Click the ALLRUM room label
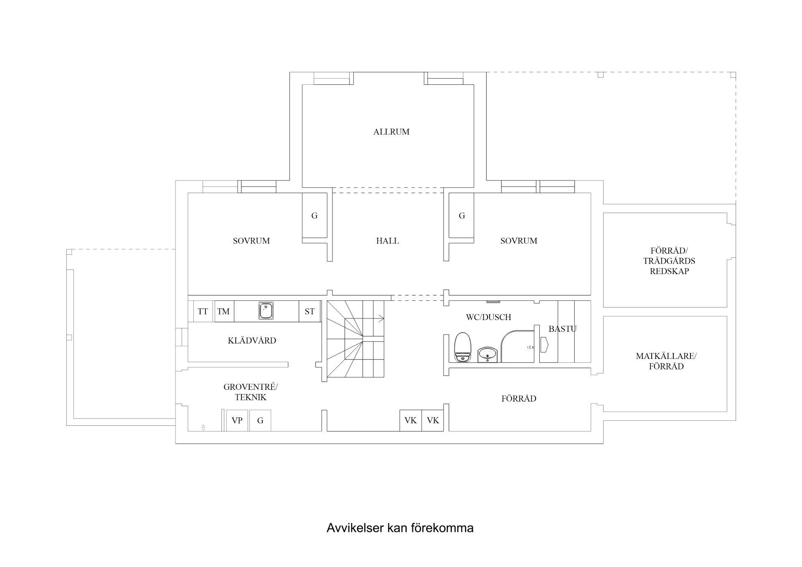click(391, 132)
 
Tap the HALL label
click(387, 241)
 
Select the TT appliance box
click(203, 311)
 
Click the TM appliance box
click(223, 311)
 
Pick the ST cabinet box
click(310, 311)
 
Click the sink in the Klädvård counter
click(266, 311)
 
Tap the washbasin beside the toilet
click(487, 355)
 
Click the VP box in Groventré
click(237, 420)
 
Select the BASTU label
click(562, 329)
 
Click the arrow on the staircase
click(381, 319)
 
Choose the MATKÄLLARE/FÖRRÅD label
click(666, 361)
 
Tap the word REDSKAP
click(669, 271)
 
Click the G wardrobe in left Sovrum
click(315, 216)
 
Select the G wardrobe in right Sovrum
click(462, 216)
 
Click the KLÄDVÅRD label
click(252, 341)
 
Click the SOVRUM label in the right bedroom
click(518, 241)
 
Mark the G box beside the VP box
click(260, 420)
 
